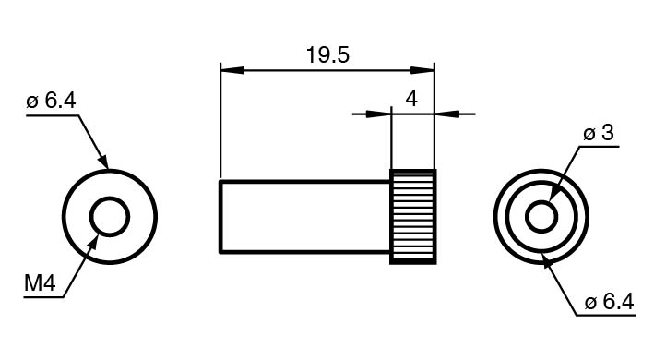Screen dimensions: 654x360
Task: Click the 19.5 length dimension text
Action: pos(327,55)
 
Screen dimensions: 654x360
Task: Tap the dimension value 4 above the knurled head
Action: pos(411,100)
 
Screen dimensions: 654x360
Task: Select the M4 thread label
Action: pos(40,283)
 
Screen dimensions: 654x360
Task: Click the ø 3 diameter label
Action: pos(599,133)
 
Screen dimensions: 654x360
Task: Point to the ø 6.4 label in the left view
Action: pos(51,101)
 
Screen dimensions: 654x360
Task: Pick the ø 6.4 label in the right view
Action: pos(610,302)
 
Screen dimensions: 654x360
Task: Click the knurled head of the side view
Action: pos(413,217)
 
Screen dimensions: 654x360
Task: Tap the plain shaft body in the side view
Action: pos(305,217)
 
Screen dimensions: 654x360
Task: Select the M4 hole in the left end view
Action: pos(110,197)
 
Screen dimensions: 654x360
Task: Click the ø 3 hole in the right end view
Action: pos(541,201)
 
